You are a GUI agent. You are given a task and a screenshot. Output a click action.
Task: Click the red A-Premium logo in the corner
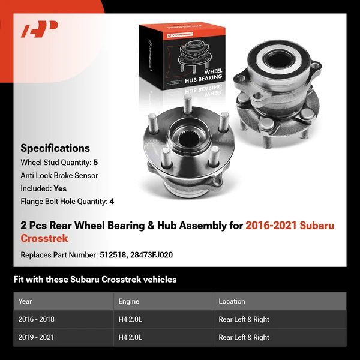point(39,29)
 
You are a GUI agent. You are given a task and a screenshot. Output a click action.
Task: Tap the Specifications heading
point(55,148)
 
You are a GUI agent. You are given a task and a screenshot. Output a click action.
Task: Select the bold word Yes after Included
point(60,188)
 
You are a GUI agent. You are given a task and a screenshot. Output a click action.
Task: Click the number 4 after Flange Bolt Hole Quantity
point(112,202)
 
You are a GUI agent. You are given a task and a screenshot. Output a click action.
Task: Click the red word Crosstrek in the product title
point(44,238)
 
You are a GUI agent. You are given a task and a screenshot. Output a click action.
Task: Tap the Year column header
point(25,301)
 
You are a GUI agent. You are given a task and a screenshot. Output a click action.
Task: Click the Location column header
point(232,301)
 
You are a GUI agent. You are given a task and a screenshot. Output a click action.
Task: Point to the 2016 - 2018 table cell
point(36,319)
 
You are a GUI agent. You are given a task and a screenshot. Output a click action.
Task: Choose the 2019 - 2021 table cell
point(36,337)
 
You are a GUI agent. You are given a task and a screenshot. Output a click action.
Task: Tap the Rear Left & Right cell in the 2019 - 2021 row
point(244,337)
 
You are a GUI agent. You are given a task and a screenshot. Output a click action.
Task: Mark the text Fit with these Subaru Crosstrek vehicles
point(95,280)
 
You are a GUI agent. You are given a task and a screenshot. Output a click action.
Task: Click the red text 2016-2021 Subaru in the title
point(290,226)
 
